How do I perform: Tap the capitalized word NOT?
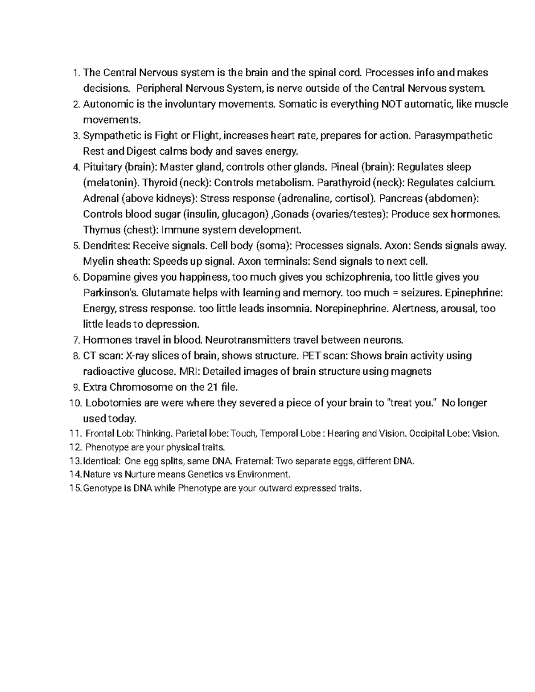391,104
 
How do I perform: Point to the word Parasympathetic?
453,135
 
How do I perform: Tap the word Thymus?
99,230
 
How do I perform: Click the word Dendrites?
106,246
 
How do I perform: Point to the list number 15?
76,488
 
